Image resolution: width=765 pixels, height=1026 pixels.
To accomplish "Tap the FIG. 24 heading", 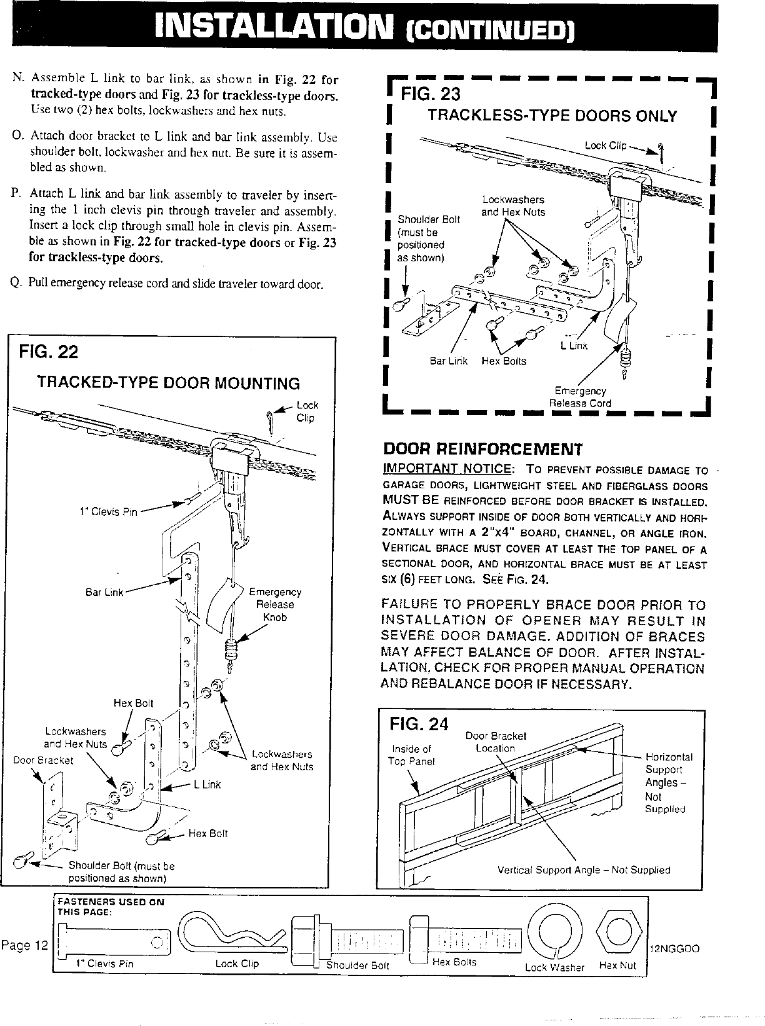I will (419, 724).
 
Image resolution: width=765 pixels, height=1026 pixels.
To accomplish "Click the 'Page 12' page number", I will (24, 945).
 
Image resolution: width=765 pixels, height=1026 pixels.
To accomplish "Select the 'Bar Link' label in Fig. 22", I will (104, 592).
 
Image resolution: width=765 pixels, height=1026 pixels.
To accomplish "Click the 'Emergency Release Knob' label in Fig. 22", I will (275, 605).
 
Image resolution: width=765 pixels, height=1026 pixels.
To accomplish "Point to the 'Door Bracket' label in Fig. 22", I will (43, 761).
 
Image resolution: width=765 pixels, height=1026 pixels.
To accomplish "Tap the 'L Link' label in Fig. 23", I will (574, 346).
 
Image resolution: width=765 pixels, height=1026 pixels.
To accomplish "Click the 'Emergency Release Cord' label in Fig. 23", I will (580, 397).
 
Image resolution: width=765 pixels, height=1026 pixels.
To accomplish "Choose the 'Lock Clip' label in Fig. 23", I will (605, 146).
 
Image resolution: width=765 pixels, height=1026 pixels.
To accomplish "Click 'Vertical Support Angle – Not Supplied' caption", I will (583, 870).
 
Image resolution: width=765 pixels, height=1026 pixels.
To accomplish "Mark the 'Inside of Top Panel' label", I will (411, 755).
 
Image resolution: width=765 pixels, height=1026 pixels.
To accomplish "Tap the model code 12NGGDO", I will (674, 948).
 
